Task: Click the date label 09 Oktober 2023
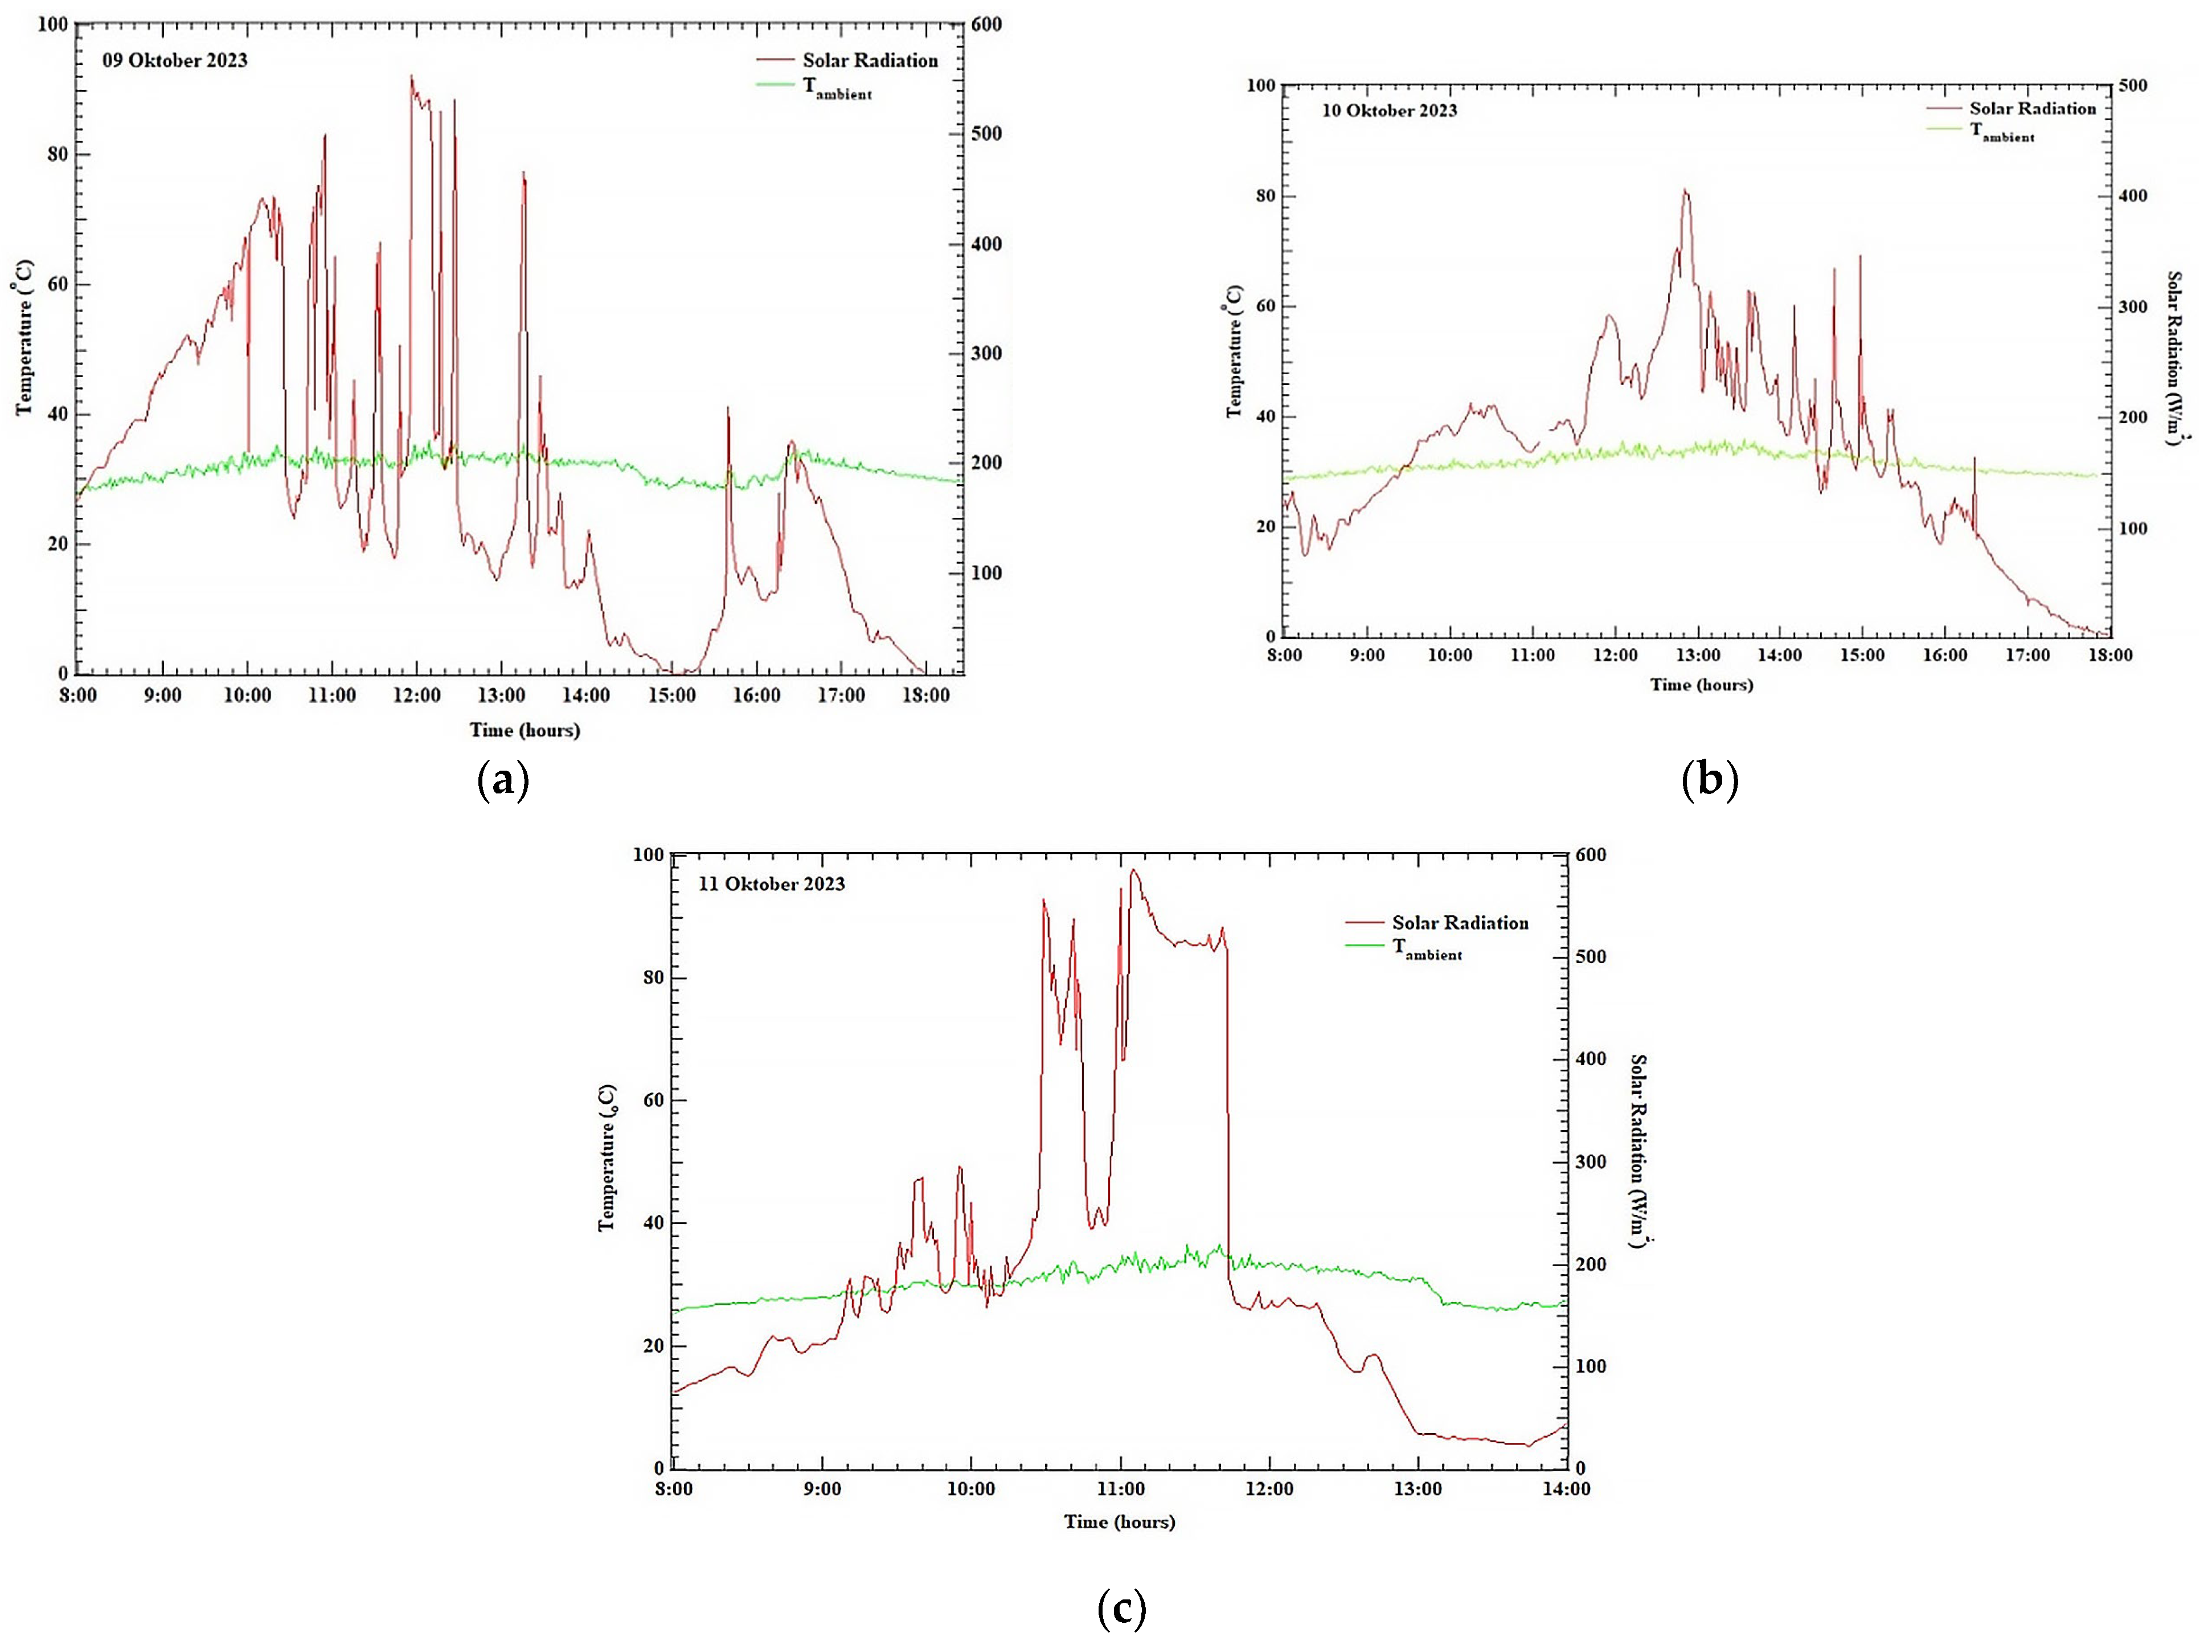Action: [175, 60]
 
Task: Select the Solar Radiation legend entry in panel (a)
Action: [869, 60]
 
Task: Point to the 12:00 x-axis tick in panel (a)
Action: [416, 695]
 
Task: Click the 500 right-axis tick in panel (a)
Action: [985, 134]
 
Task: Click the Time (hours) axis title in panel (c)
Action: [1120, 1522]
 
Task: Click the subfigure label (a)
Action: [502, 781]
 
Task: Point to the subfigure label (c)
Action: [1121, 1606]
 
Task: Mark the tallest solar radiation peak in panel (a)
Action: [411, 76]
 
